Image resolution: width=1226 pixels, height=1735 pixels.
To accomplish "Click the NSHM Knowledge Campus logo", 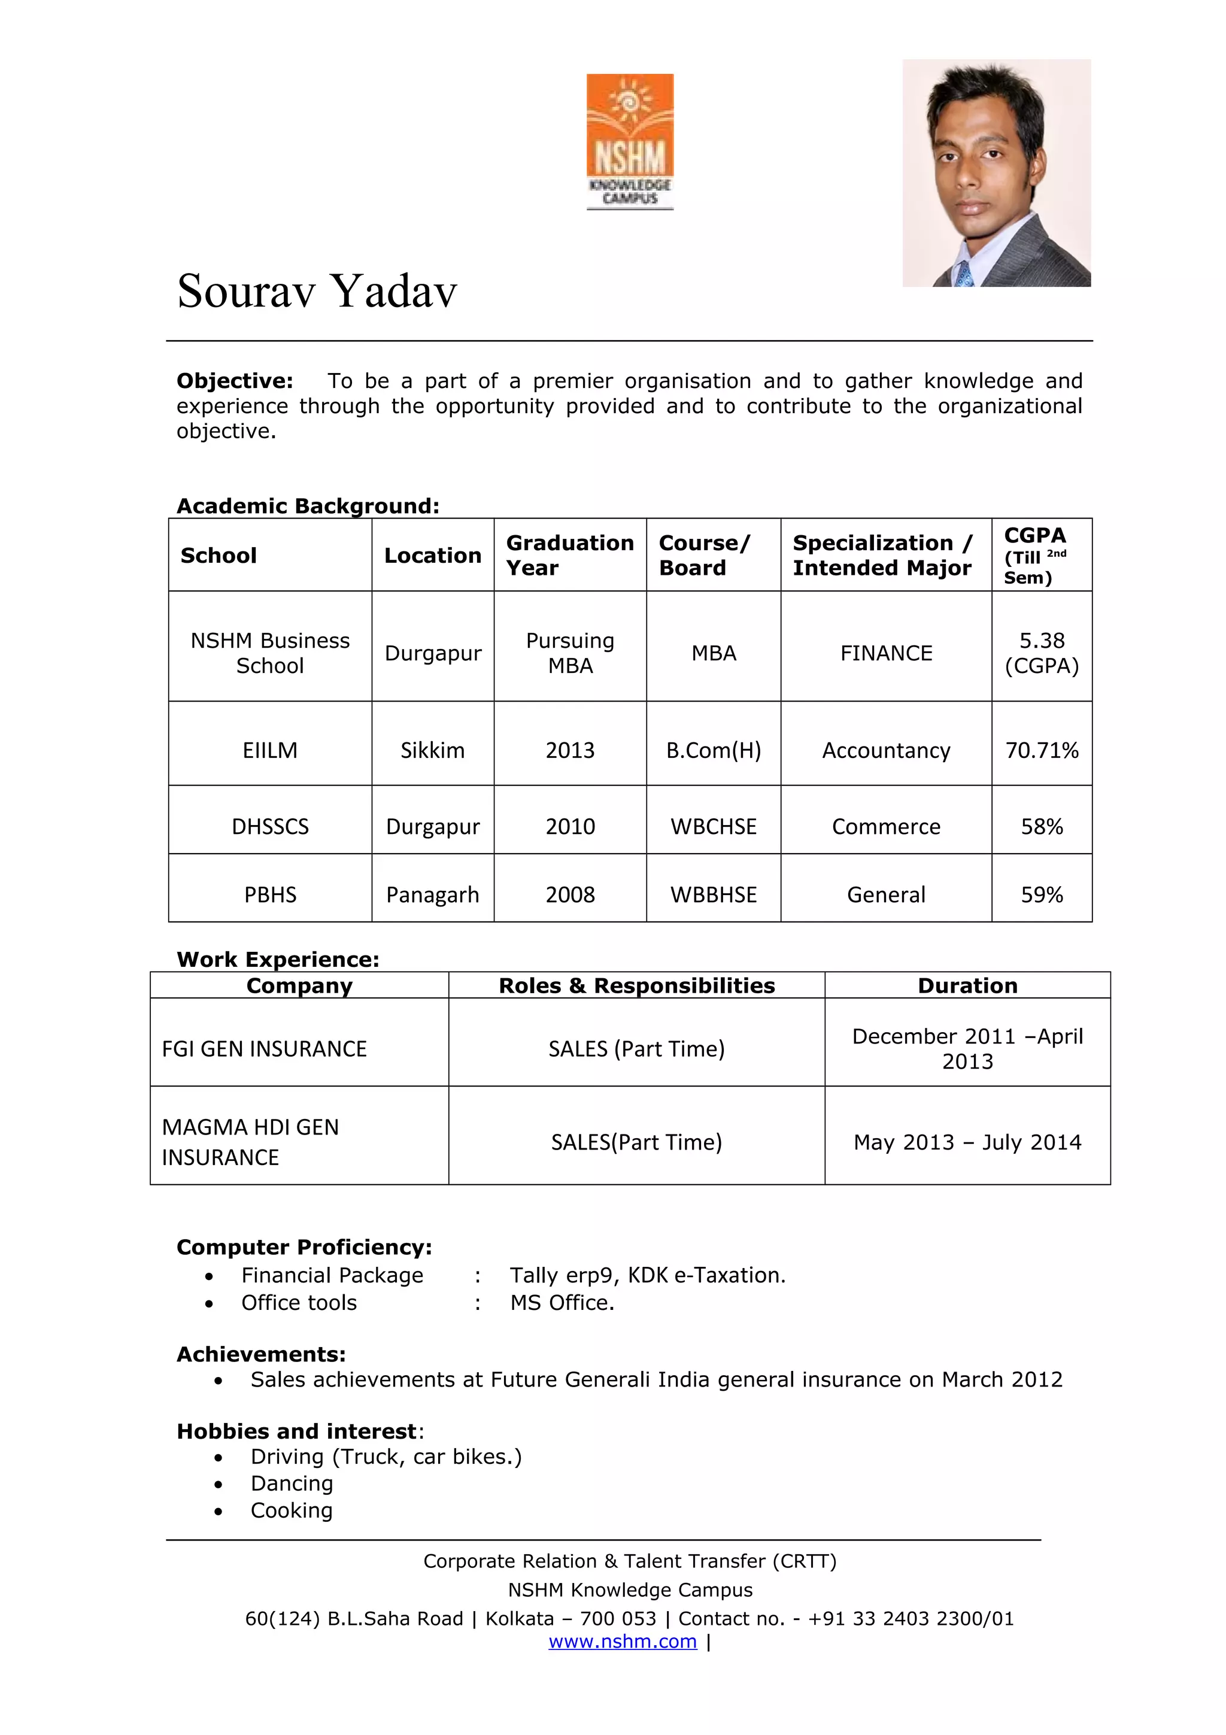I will (629, 141).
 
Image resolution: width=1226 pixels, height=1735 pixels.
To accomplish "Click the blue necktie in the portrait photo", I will (964, 274).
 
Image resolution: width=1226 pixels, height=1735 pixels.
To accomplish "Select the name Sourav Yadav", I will (317, 291).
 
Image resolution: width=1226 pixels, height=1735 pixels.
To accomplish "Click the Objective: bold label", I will (234, 381).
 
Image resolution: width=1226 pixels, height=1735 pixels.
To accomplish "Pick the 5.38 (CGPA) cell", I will (1041, 653).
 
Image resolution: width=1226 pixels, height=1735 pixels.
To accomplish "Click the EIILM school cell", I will (269, 750).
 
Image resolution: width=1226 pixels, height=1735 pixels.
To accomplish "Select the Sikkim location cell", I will (432, 750).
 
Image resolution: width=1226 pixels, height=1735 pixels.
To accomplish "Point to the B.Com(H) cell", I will (713, 750).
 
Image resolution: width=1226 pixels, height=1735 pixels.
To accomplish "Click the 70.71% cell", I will (1041, 750).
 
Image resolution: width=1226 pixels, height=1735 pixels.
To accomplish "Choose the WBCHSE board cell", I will (713, 827).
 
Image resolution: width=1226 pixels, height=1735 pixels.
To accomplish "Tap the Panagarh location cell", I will (432, 894).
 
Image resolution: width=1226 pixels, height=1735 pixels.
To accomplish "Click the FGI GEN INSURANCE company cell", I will (265, 1049).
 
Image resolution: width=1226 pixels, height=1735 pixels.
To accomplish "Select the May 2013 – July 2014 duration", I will (967, 1142).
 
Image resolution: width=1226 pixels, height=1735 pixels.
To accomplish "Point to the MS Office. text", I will (562, 1303).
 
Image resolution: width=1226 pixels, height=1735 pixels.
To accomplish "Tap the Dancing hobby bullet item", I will (292, 1484).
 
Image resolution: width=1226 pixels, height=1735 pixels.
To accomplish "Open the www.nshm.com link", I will (623, 1641).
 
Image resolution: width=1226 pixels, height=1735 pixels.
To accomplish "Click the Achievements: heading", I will (260, 1354).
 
